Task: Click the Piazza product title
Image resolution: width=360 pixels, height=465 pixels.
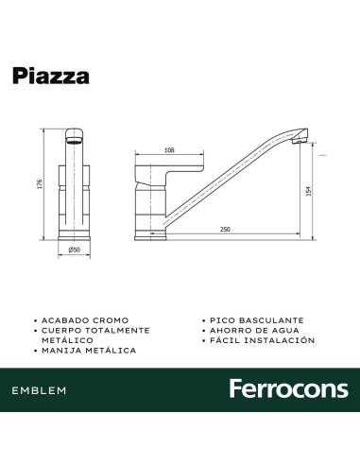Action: (52, 77)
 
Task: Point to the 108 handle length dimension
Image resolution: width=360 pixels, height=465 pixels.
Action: (169, 149)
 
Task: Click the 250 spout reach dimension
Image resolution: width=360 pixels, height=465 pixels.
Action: (225, 230)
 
